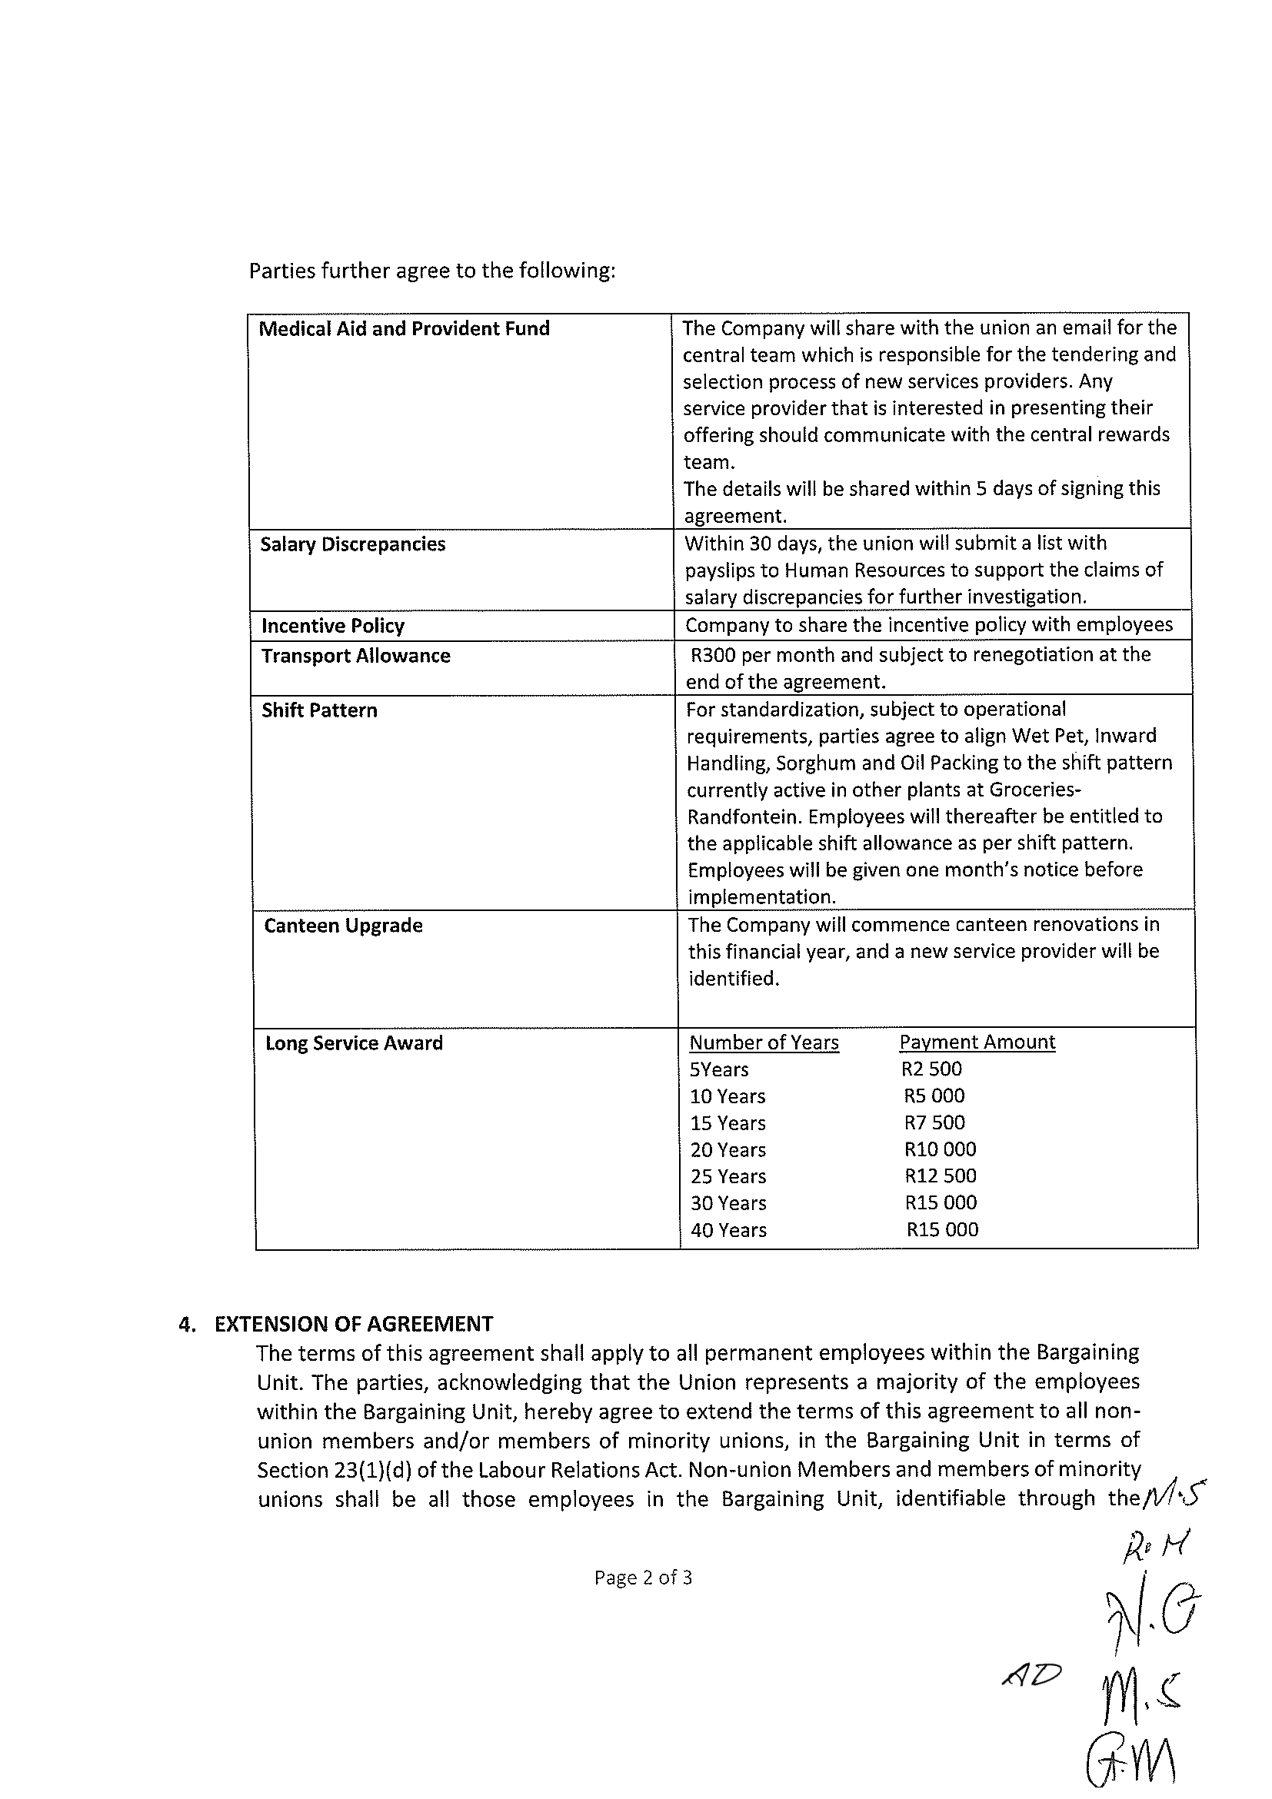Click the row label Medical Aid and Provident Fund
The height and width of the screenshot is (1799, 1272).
tap(404, 328)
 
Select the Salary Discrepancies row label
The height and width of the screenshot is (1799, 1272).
tap(352, 544)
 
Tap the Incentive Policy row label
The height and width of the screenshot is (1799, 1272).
tap(332, 625)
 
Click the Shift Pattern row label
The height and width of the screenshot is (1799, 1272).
tap(319, 710)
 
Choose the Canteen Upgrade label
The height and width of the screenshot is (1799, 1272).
tap(342, 926)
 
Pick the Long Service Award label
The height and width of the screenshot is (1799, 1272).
tap(354, 1043)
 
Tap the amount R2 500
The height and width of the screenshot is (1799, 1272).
tap(931, 1069)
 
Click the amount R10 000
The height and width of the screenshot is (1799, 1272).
tap(940, 1149)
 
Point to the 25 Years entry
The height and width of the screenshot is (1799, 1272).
tap(728, 1176)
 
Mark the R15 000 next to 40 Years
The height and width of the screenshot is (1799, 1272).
tap(942, 1229)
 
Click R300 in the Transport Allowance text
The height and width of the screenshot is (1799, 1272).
tap(711, 654)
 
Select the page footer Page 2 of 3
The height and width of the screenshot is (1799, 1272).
tap(643, 1578)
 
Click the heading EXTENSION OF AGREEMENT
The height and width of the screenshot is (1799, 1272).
tap(354, 1323)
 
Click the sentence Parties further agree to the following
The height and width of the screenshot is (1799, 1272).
tap(432, 271)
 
